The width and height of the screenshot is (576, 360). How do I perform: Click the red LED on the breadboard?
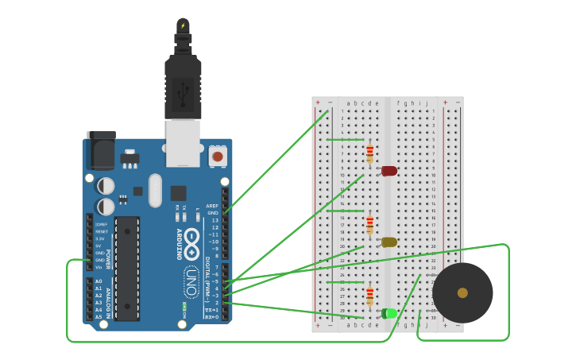click(389, 171)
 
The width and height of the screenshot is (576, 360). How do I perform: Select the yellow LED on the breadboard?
click(389, 242)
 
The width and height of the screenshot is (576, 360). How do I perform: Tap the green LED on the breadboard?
click(389, 313)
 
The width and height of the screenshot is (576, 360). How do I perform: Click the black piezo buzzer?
click(462, 292)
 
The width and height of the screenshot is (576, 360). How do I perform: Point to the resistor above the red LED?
click(369, 153)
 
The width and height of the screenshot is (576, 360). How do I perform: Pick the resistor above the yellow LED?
click(369, 225)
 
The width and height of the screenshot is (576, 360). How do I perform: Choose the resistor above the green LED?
click(369, 296)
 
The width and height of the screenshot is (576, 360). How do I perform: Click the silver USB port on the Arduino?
click(183, 143)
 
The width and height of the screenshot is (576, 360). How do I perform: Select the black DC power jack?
click(101, 150)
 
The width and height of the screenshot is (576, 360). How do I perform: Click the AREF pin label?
click(212, 206)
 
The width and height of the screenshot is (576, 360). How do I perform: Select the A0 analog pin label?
click(99, 281)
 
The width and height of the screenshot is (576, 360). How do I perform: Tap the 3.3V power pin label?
click(99, 238)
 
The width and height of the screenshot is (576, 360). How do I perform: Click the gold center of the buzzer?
click(462, 292)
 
